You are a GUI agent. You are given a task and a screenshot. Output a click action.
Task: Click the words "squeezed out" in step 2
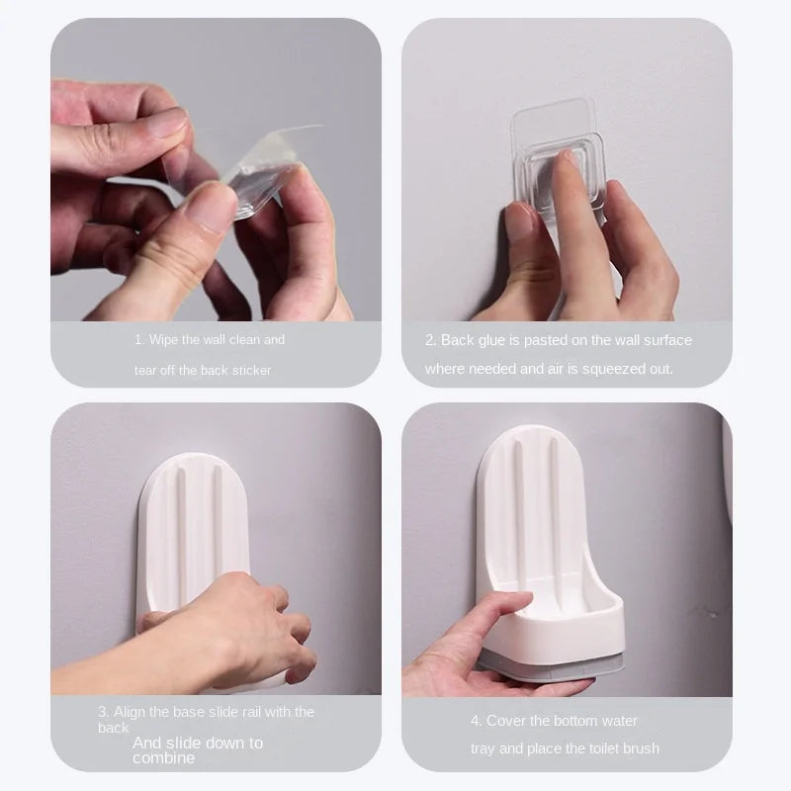click(x=630, y=368)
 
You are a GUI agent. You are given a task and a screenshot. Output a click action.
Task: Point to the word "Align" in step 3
click(x=131, y=711)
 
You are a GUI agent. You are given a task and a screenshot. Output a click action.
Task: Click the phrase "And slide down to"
click(x=197, y=743)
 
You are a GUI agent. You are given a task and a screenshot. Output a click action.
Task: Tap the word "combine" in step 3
click(x=163, y=758)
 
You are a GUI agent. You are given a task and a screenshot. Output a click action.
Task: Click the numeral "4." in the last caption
click(x=475, y=720)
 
